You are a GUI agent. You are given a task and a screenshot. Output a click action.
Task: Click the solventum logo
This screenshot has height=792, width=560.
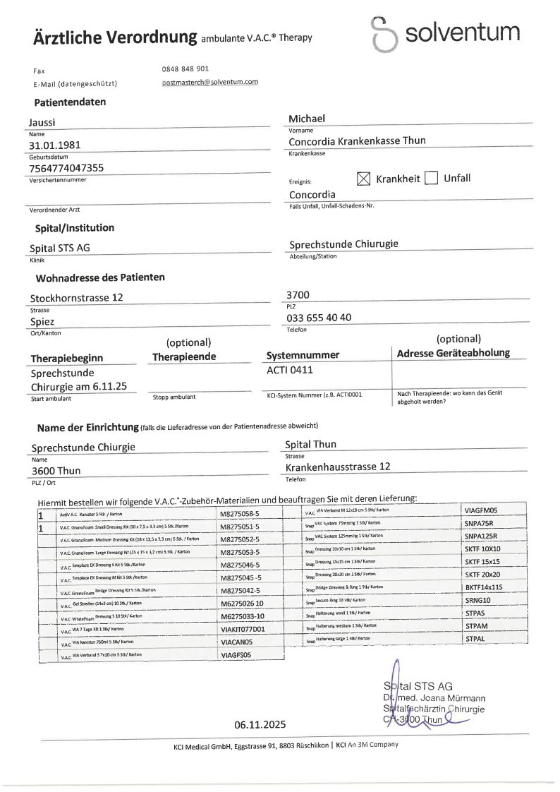click(446, 33)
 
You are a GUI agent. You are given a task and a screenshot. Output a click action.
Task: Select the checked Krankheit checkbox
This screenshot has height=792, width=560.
click(363, 179)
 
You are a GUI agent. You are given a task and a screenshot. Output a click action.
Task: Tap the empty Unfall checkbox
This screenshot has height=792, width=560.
click(432, 179)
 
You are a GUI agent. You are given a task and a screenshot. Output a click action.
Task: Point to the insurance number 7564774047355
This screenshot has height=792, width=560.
click(66, 168)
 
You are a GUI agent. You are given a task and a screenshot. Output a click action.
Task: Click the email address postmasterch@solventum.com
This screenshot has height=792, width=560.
click(209, 82)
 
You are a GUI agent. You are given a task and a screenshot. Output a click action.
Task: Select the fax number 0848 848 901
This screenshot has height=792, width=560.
click(185, 69)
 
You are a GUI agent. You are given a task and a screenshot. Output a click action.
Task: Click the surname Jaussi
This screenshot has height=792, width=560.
click(42, 122)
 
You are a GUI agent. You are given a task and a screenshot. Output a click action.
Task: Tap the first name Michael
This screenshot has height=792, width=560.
click(307, 118)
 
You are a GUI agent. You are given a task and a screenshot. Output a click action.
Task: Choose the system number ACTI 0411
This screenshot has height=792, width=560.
click(289, 369)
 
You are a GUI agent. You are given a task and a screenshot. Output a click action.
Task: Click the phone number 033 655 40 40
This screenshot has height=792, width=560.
click(319, 318)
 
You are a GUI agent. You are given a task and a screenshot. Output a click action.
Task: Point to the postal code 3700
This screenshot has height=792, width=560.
click(298, 294)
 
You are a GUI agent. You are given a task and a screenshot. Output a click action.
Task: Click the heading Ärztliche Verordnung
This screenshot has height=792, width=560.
click(115, 38)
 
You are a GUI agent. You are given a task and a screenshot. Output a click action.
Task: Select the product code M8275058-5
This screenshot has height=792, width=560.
click(240, 515)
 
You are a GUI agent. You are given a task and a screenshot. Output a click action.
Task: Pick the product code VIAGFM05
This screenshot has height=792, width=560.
click(481, 510)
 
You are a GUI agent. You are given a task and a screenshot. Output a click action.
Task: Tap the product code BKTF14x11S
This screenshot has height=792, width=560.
click(485, 587)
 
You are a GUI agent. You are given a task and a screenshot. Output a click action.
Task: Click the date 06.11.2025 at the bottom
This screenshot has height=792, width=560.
click(260, 724)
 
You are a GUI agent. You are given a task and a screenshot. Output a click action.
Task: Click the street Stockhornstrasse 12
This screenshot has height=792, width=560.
click(76, 298)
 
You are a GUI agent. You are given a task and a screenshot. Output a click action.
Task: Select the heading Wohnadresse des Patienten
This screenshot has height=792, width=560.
click(100, 277)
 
